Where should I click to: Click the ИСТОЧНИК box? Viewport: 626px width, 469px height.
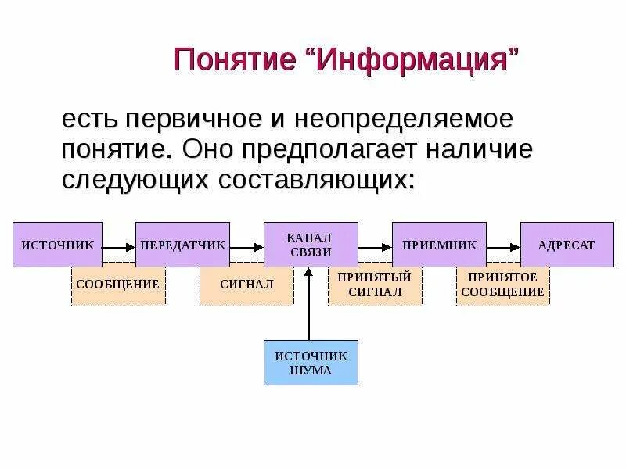tap(58, 245)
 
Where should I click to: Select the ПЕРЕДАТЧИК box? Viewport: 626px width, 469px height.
tap(183, 245)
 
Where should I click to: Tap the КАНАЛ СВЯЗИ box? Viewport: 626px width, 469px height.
tap(311, 245)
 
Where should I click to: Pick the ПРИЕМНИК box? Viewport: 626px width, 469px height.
tap(439, 245)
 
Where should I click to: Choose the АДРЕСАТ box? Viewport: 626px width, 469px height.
tap(567, 245)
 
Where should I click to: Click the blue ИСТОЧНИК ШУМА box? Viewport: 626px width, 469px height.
tap(311, 363)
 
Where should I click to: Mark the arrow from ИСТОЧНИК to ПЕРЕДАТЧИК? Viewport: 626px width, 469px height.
tap(120, 247)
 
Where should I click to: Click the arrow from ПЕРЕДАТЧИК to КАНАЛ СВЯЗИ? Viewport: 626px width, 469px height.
tap(246, 247)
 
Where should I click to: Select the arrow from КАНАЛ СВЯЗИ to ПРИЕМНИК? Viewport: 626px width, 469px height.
tap(375, 247)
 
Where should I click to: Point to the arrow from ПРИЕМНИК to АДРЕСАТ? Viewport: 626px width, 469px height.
tap(503, 247)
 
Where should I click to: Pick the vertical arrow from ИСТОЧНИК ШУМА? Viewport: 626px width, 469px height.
tap(310, 305)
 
